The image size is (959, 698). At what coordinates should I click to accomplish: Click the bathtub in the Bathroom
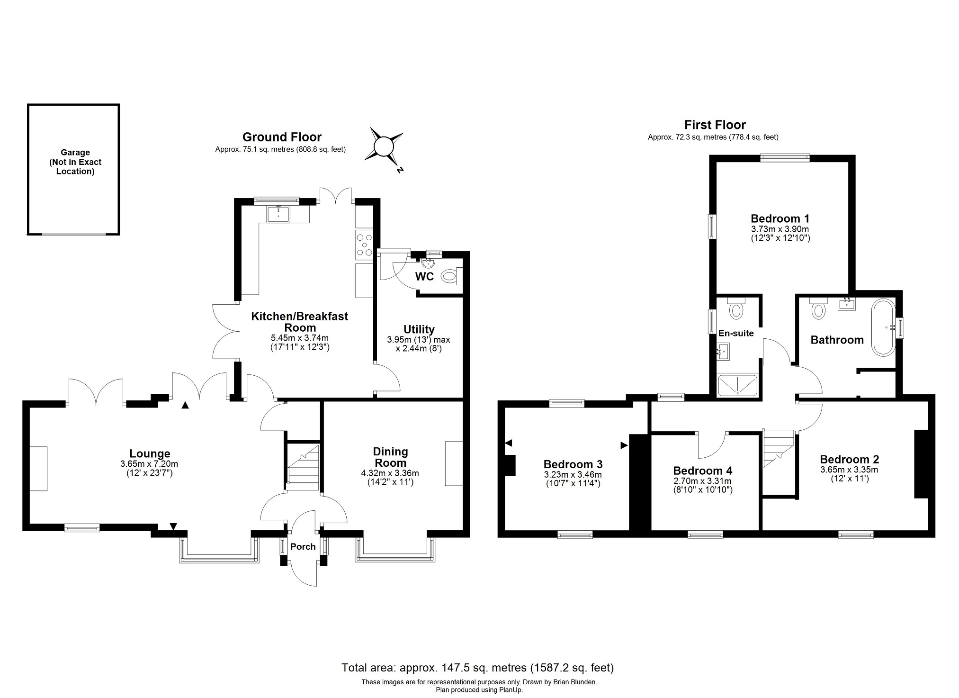(x=883, y=327)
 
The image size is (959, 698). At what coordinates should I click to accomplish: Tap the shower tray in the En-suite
(x=738, y=385)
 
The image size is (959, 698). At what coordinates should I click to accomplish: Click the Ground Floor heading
(x=282, y=137)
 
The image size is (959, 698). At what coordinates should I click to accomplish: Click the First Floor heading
(x=715, y=125)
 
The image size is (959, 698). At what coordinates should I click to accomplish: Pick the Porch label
(x=303, y=547)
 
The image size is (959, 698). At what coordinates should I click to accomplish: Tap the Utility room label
(x=419, y=329)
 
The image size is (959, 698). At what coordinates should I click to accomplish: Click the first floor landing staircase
(x=778, y=448)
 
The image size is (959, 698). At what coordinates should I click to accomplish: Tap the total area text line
(x=478, y=668)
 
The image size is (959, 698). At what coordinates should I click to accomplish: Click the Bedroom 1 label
(x=780, y=219)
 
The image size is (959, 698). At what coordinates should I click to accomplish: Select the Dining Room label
(x=390, y=457)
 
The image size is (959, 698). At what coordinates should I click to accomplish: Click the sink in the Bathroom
(x=846, y=304)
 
